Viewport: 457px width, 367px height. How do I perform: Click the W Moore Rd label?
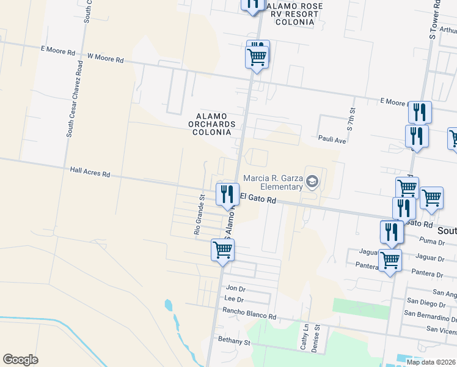pyautogui.click(x=106, y=59)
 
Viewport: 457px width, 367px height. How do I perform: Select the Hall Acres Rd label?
pyautogui.click(x=90, y=174)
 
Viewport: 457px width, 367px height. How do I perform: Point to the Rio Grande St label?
pyautogui.click(x=197, y=215)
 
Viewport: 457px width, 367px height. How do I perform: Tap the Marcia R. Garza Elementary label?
pyautogui.click(x=272, y=182)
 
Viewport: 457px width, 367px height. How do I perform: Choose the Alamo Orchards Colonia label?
pyautogui.click(x=213, y=124)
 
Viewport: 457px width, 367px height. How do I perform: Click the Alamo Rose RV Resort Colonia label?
pyautogui.click(x=290, y=14)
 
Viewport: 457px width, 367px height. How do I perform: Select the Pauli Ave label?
pyautogui.click(x=332, y=140)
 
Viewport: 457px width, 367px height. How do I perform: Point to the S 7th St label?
pyautogui.click(x=351, y=119)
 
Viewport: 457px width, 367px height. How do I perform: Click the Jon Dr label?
pyautogui.click(x=235, y=288)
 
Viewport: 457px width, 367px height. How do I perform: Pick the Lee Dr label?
pyautogui.click(x=234, y=300)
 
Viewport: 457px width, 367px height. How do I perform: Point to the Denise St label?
pyautogui.click(x=316, y=337)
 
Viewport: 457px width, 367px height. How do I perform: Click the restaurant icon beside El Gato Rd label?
pyautogui.click(x=227, y=194)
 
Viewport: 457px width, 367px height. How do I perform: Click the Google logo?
pyautogui.click(x=20, y=360)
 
